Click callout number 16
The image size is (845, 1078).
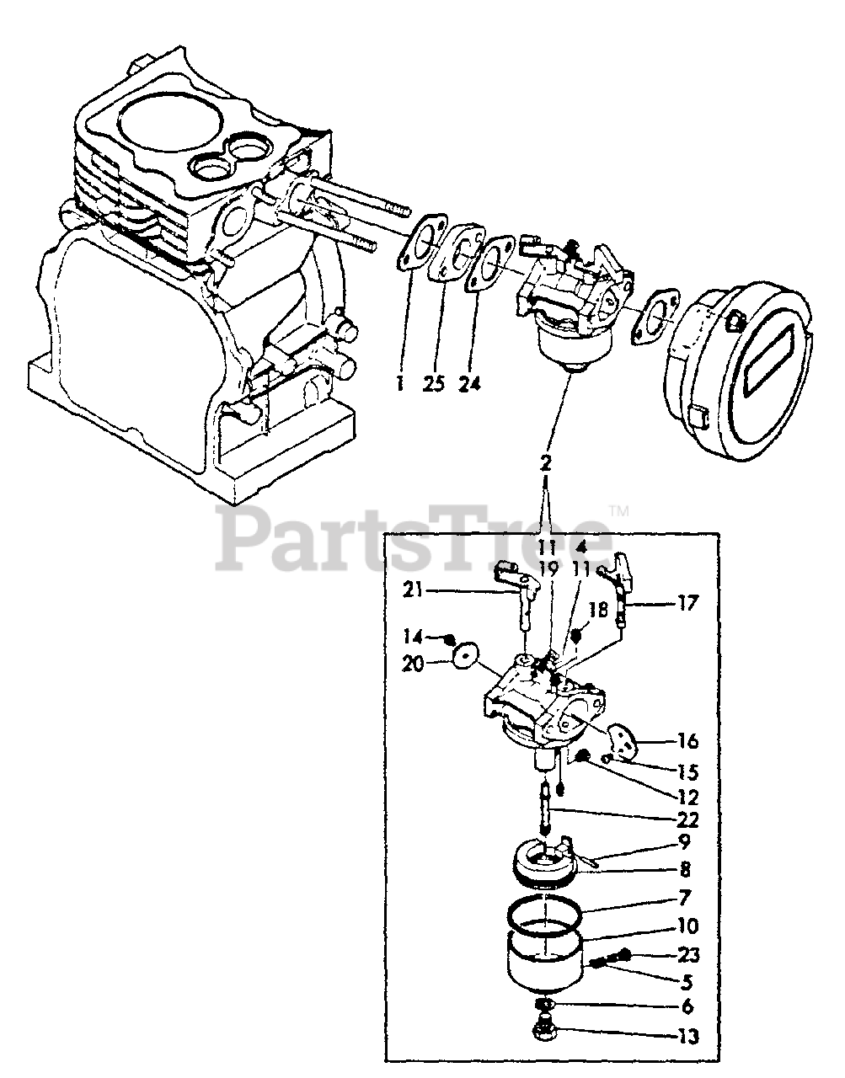coord(687,741)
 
